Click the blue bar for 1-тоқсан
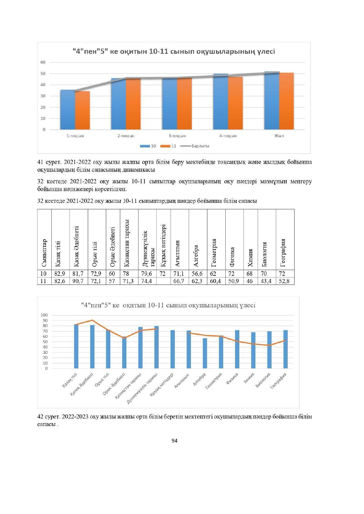point(67,110)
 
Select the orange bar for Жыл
point(286,101)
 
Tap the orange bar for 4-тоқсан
point(235,103)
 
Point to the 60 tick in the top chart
point(43,62)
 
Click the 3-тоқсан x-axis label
point(177,136)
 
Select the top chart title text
point(174,52)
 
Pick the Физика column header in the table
point(232,257)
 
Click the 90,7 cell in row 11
point(78,281)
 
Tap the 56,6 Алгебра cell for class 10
point(198,274)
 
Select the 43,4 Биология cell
point(266,281)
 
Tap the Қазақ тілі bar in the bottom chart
point(76,346)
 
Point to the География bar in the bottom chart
point(285,349)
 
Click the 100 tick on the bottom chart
point(44,315)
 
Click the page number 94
point(175,441)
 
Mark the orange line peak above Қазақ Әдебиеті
point(92,320)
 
